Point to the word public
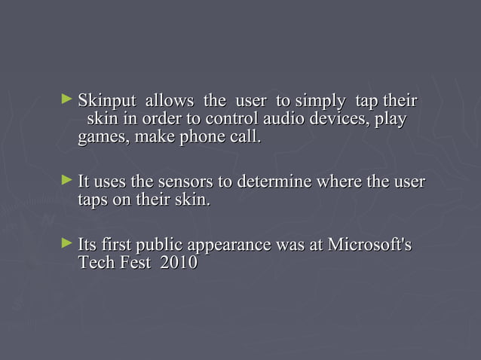click(155, 246)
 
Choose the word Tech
click(95, 264)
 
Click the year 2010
click(179, 264)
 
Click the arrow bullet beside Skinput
click(68, 99)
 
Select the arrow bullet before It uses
click(68, 181)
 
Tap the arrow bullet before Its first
click(68, 244)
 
